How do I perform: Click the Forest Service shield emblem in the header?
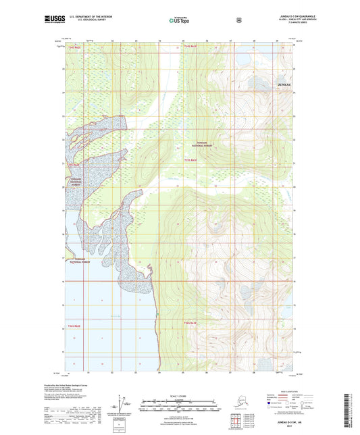pos(238,20)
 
